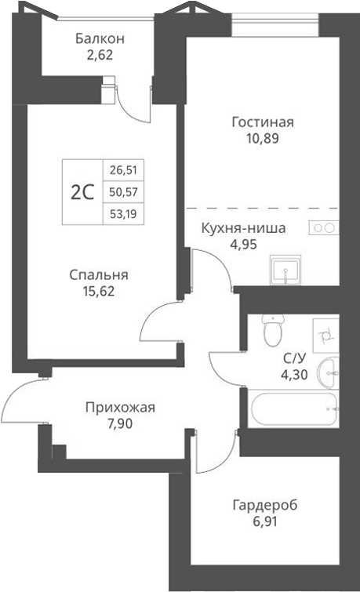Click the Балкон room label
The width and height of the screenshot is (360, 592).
tap(100, 38)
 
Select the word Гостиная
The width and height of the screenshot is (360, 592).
tap(263, 122)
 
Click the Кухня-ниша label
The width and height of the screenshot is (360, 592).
tap(244, 228)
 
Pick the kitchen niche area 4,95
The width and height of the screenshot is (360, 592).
tap(244, 244)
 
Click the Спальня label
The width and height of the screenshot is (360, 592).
tap(99, 275)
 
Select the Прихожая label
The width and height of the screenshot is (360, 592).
tap(121, 407)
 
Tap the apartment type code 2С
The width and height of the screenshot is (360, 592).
tap(82, 192)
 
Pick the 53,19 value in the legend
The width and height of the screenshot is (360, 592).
tap(122, 213)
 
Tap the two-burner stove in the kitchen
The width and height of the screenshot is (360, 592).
tap(323, 227)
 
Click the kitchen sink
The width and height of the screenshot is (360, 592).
tap(289, 271)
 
